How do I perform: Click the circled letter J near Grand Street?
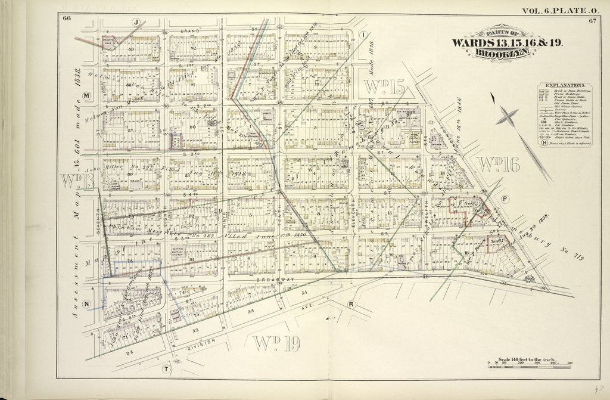136,22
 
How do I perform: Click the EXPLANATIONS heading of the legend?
565,85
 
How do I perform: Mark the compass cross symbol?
507,116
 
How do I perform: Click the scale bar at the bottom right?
530,366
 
